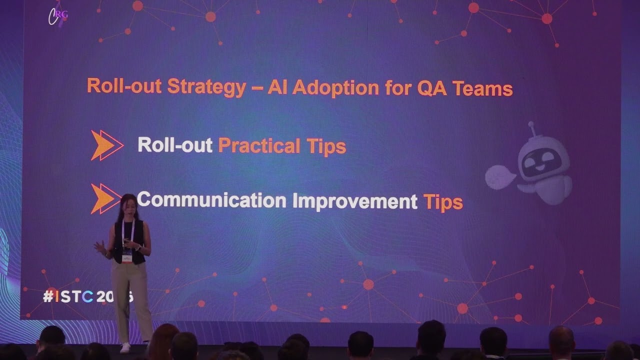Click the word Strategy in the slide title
point(206,86)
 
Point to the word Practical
point(259,145)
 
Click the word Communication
point(211,200)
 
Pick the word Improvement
point(354,201)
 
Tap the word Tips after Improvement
point(442,202)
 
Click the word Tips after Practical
point(326,146)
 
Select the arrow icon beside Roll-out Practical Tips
point(107,145)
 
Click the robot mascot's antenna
point(532,128)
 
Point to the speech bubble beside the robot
point(499,176)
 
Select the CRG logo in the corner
point(57,15)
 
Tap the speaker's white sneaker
point(125,347)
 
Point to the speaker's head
point(128,204)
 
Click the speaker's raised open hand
point(99,246)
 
